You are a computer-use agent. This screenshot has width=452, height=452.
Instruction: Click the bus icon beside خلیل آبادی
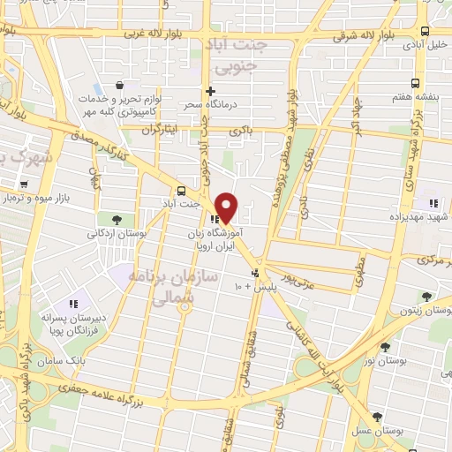426,42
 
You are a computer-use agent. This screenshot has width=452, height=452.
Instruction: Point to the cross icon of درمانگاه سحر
209,91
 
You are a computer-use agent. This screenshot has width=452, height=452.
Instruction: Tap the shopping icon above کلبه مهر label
119,86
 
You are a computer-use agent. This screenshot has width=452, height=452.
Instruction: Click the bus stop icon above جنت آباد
182,191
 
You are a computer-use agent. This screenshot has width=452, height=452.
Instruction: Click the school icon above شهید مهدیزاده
433,203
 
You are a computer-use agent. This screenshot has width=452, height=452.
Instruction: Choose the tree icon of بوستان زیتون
427,298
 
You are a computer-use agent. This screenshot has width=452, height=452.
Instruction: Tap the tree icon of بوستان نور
385,347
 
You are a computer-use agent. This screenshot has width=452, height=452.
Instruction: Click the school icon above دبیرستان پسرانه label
73,304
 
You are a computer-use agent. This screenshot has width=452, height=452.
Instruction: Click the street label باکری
241,131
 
